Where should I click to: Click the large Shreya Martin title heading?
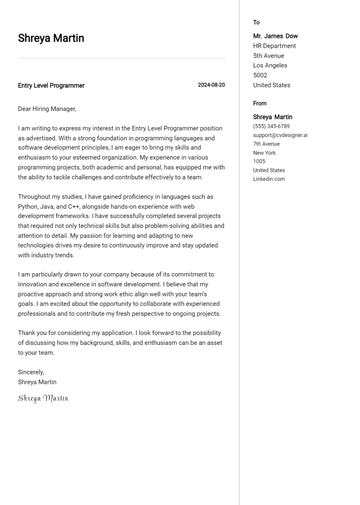(x=51, y=38)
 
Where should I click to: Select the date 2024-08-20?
(x=211, y=85)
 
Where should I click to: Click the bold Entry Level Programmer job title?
(x=51, y=86)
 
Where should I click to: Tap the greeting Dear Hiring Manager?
(x=47, y=109)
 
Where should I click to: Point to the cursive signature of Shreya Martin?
(x=43, y=398)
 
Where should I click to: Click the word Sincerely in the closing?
(x=31, y=372)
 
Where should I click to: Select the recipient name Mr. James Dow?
(x=275, y=36)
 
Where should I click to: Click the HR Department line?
(x=274, y=46)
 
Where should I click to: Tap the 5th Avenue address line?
(x=269, y=56)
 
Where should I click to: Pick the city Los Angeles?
(x=270, y=66)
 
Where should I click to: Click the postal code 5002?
(x=260, y=75)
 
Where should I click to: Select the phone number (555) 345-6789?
(x=271, y=126)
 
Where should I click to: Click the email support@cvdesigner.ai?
(x=280, y=135)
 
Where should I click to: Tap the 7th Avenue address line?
(x=266, y=144)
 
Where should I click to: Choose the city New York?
(x=264, y=153)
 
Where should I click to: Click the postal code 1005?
(x=259, y=162)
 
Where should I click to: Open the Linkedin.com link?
(x=269, y=179)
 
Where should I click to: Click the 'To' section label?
(x=256, y=22)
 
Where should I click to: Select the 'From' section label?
(x=260, y=104)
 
